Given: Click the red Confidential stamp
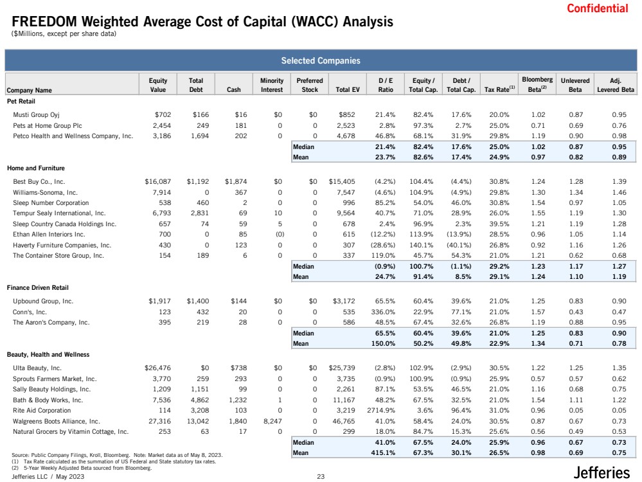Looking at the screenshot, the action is click(x=598, y=8).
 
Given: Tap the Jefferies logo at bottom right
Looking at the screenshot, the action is click(x=602, y=472).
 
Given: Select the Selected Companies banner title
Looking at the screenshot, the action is click(x=321, y=60).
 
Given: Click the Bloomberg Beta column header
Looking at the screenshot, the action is click(x=537, y=84).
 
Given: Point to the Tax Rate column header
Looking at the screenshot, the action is click(x=499, y=89).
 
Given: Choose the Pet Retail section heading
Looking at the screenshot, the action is click(x=21, y=101).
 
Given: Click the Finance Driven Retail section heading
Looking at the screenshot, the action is click(x=38, y=287).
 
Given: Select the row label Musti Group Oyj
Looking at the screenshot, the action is click(x=36, y=114).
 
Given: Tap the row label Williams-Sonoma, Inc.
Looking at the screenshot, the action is click(x=45, y=192).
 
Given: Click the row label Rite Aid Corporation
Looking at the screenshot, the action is click(x=42, y=410).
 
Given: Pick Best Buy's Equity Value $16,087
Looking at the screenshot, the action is click(x=157, y=181).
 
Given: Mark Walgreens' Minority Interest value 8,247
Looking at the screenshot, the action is click(x=272, y=421).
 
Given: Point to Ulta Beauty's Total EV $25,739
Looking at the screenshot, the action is click(x=342, y=368).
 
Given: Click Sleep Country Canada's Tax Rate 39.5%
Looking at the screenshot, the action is click(x=499, y=224).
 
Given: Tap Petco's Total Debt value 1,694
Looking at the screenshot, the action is click(x=200, y=136).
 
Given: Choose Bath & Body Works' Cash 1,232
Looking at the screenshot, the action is click(x=238, y=400).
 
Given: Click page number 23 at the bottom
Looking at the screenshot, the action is click(x=321, y=476).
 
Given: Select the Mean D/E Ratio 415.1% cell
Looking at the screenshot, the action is click(x=383, y=453).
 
